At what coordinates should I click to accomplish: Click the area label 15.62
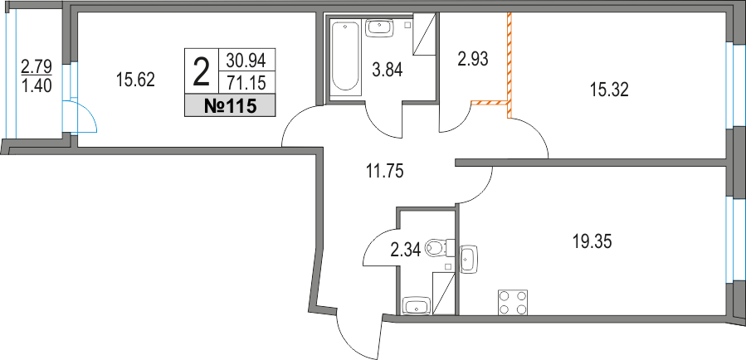pos(136,80)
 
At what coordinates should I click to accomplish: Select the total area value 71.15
pos(246,80)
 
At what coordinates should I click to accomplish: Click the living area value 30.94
pos(246,60)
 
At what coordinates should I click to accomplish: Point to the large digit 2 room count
pos(201,71)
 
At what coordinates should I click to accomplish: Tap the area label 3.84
pos(387,71)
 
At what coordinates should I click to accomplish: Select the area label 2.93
pos(474,59)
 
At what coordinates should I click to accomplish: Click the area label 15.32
pos(609,90)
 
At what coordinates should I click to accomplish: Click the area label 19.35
pos(592,242)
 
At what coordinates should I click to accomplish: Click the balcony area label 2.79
pos(36,64)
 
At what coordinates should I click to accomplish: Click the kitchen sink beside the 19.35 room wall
pos(469,258)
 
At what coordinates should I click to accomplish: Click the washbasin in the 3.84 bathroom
pos(378,27)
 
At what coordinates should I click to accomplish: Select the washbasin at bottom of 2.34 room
pos(415,305)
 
